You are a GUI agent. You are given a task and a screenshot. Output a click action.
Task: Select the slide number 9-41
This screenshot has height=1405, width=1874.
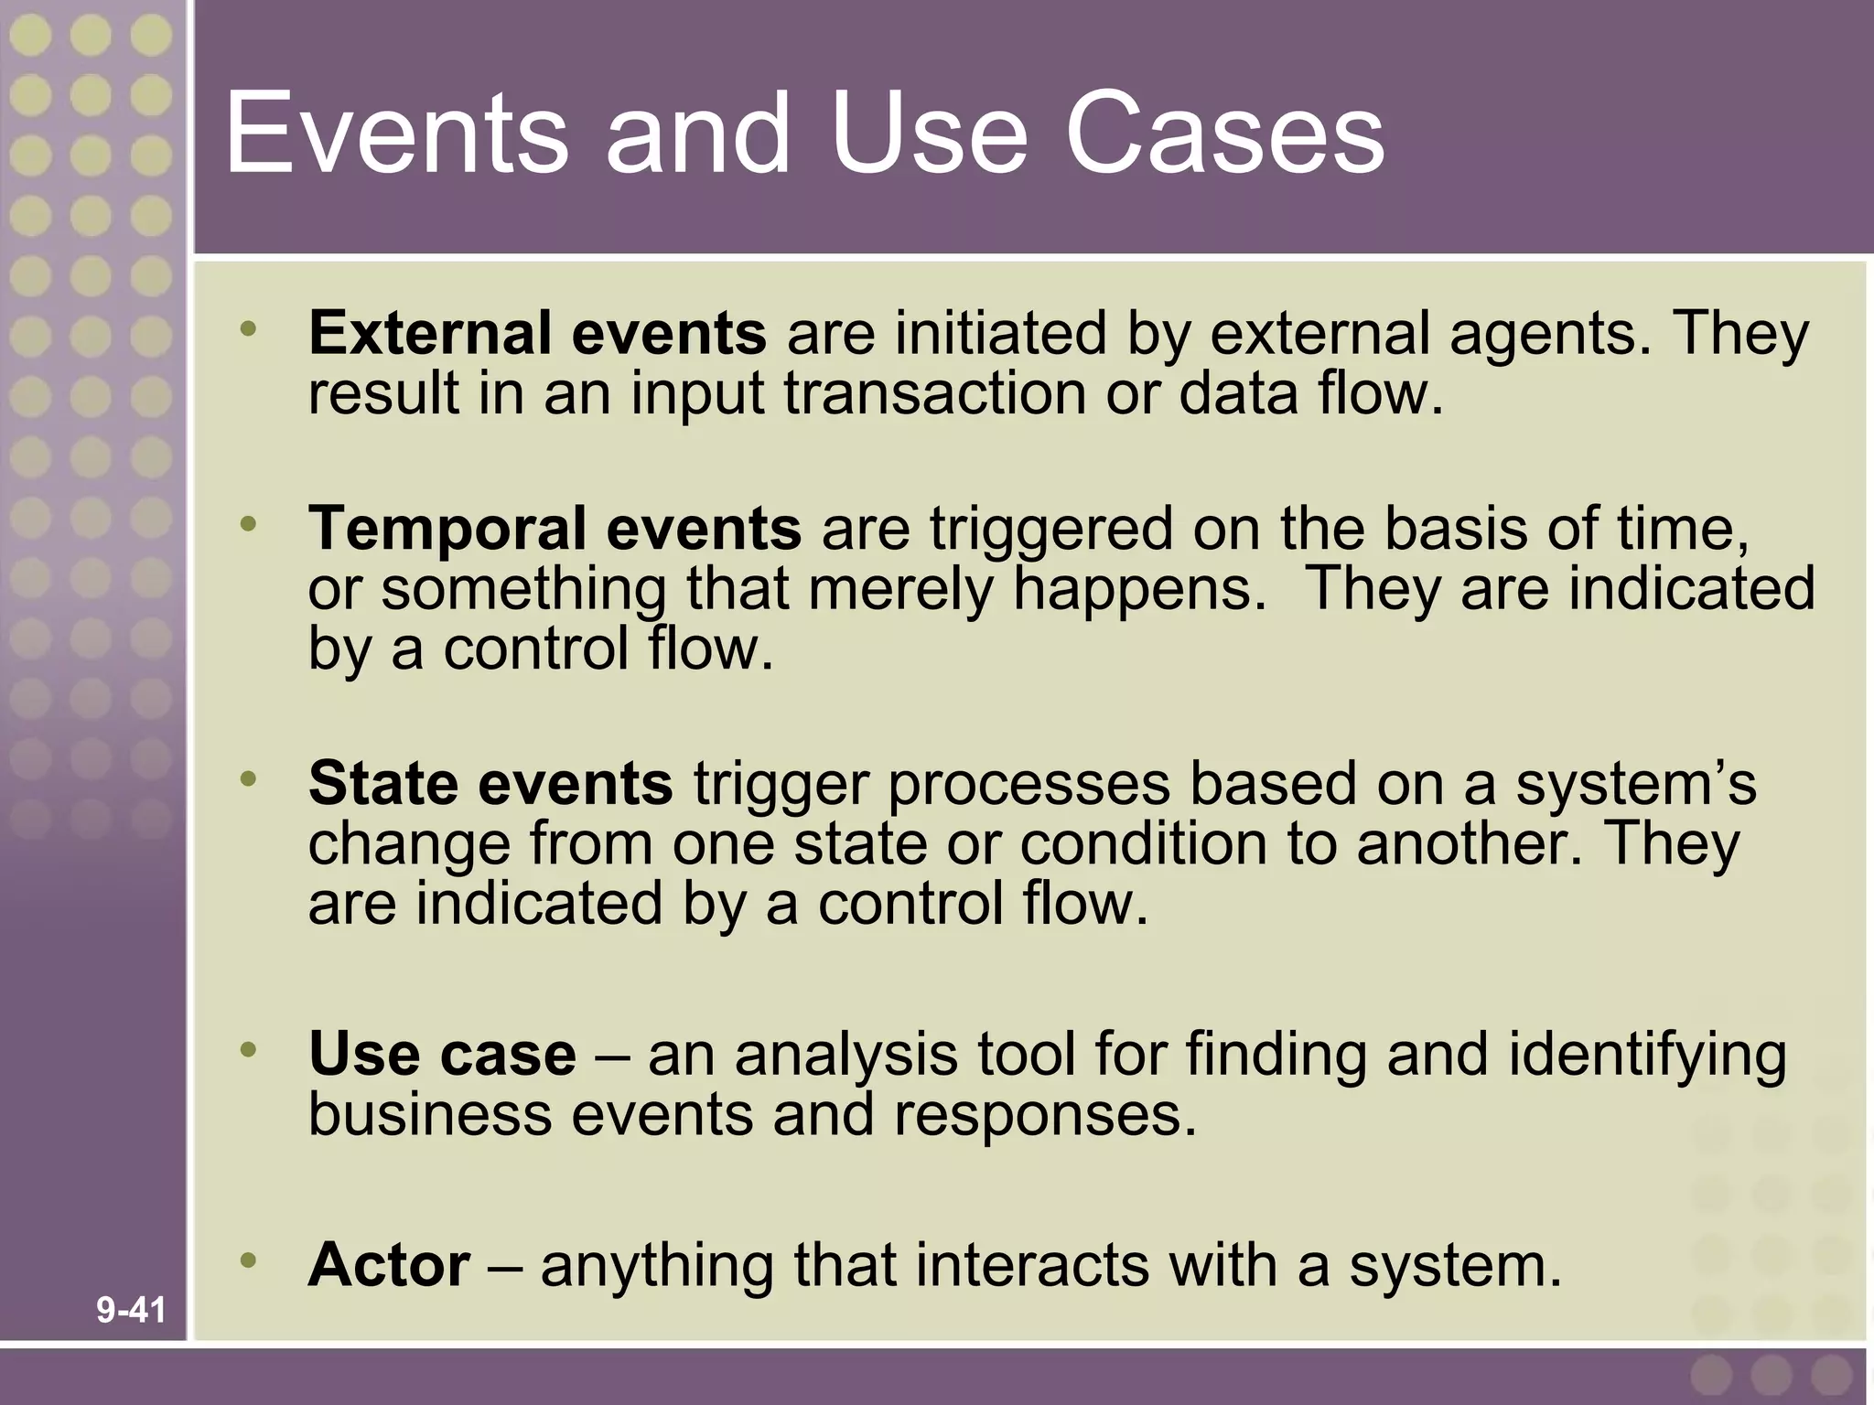point(131,1311)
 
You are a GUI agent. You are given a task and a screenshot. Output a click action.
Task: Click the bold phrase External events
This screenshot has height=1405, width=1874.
point(537,333)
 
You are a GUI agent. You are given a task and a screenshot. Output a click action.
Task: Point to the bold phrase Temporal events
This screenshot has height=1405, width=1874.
point(555,530)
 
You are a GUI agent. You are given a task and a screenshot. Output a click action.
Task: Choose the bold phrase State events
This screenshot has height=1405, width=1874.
point(490,784)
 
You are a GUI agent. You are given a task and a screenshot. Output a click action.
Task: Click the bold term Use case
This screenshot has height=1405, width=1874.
point(442,1055)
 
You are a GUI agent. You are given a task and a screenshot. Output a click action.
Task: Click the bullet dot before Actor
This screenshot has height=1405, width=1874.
point(248,1261)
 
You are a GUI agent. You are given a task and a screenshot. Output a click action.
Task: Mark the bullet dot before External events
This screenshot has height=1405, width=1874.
point(248,327)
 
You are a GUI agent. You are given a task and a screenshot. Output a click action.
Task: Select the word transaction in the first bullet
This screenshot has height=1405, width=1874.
point(934,393)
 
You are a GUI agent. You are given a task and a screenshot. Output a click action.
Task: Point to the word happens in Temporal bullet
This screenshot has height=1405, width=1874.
point(1139,591)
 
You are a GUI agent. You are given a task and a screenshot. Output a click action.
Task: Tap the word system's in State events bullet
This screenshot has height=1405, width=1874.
point(1635,786)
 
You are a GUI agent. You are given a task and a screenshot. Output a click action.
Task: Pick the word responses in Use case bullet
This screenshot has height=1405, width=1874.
point(1044,1115)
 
